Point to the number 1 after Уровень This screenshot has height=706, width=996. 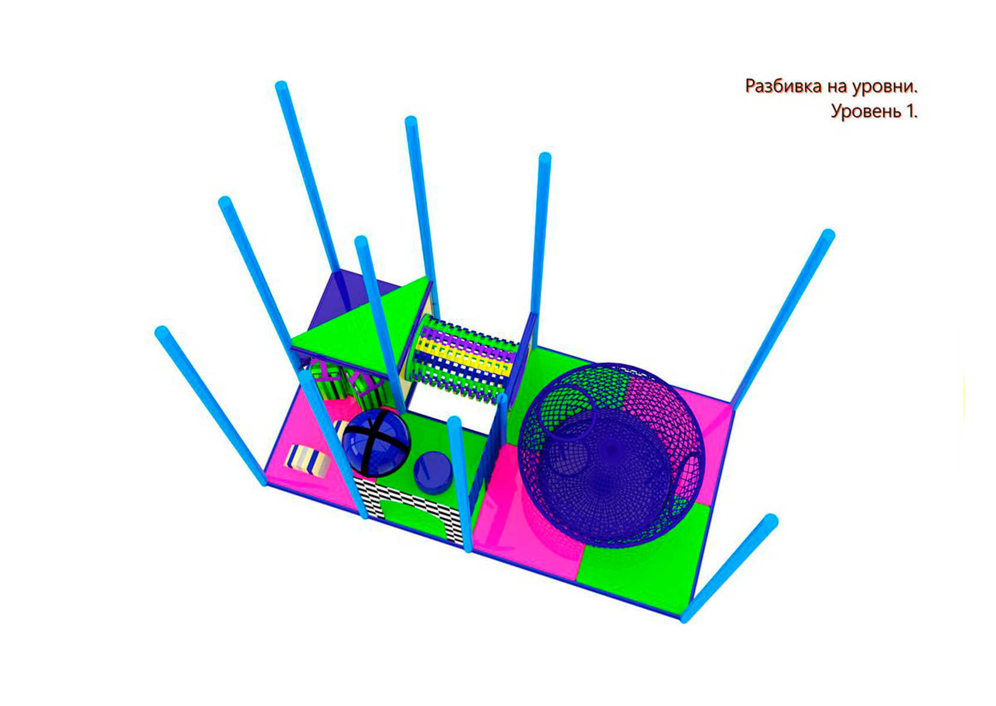coord(910,111)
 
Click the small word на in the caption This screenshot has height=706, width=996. coord(837,88)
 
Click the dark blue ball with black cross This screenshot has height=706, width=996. coord(376,442)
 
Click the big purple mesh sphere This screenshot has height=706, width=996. coord(612,455)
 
